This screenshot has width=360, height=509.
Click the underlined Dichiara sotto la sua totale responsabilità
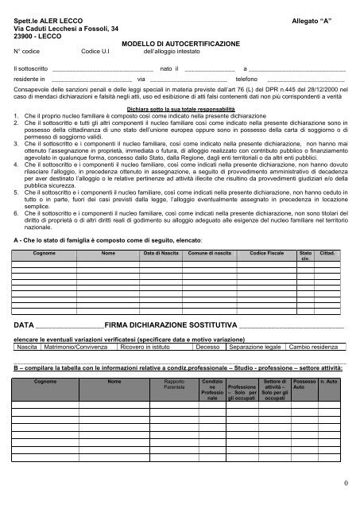click(x=180, y=107)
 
